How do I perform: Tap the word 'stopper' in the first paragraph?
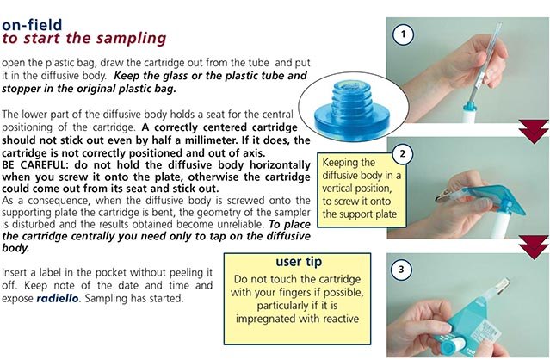28,89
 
